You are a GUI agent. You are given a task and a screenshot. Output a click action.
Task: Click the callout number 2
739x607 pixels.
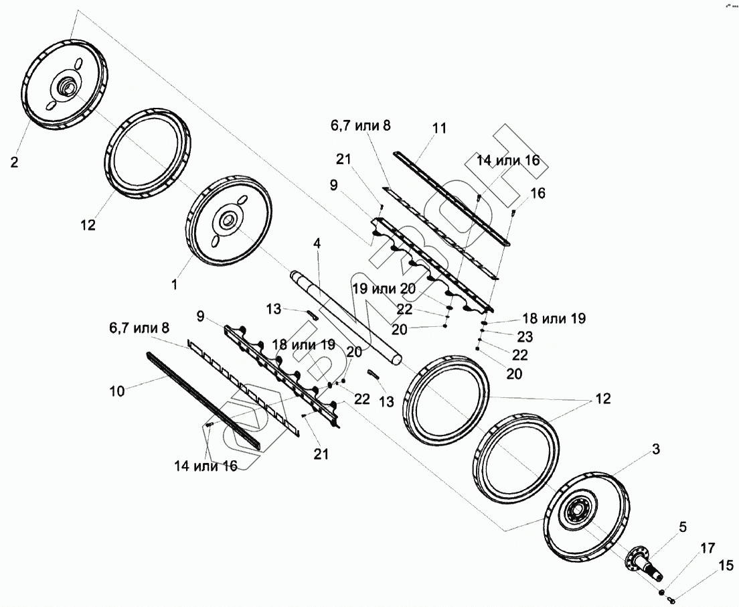tap(14, 162)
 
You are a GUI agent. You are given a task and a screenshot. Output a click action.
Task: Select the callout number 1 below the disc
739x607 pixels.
tap(175, 285)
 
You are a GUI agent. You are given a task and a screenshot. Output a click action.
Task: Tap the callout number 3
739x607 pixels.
tap(656, 450)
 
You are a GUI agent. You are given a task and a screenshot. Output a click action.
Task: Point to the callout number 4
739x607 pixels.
tap(317, 244)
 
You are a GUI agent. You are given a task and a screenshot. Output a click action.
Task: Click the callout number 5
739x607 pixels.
tap(683, 527)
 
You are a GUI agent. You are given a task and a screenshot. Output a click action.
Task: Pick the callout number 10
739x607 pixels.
tap(117, 391)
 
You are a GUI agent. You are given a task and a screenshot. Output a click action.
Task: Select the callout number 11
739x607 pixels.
tap(439, 128)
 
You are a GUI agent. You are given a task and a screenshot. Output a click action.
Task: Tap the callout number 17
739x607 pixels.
tap(708, 548)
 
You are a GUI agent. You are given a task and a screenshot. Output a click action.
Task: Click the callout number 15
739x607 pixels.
tap(726, 565)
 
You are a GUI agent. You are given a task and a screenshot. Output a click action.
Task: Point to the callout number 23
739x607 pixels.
tap(525, 337)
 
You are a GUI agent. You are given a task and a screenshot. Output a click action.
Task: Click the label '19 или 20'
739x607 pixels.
tap(385, 289)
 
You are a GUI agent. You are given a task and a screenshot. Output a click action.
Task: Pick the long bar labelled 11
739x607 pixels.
tap(452, 198)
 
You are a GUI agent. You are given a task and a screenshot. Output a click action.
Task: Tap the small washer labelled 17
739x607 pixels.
tap(661, 592)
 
